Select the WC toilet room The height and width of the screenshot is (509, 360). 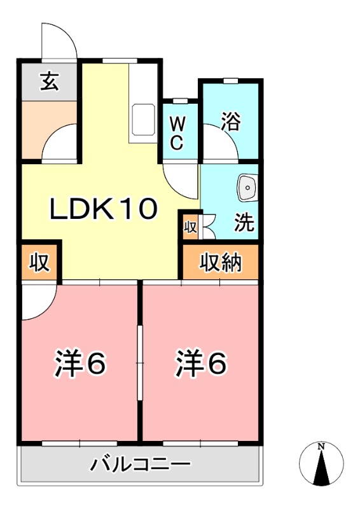(x=177, y=132)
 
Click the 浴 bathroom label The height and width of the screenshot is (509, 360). (x=230, y=121)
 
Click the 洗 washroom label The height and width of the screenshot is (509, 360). (x=244, y=223)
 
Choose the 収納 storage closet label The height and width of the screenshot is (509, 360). (x=221, y=261)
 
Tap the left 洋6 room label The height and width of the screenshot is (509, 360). (x=80, y=363)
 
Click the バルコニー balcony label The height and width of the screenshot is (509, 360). (x=140, y=464)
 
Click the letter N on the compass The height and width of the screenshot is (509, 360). (x=321, y=446)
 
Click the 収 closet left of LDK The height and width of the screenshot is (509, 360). (x=39, y=261)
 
